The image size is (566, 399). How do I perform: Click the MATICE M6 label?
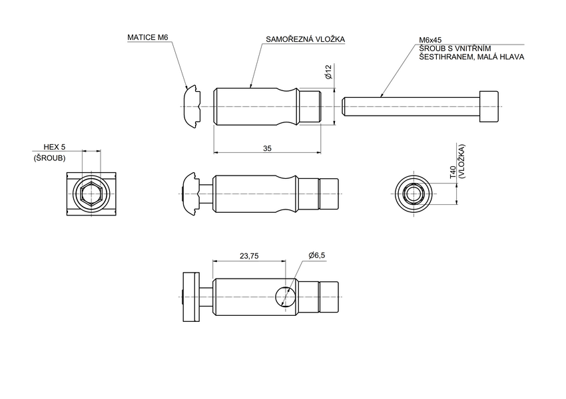pos(148,38)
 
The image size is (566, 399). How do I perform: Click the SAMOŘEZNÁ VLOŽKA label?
pos(305,40)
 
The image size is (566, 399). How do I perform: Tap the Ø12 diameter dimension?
pos(328,72)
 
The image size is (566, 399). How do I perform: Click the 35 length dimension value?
pos(267,148)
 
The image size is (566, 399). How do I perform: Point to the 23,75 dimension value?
pos(248,255)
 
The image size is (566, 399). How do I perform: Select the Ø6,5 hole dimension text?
pos(316,255)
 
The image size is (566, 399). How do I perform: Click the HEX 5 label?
pos(54,146)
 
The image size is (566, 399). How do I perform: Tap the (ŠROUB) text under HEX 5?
pos(49,158)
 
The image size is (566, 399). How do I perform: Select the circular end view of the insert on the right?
pos(414,194)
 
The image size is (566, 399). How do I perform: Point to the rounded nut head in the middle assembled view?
pos(190,194)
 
